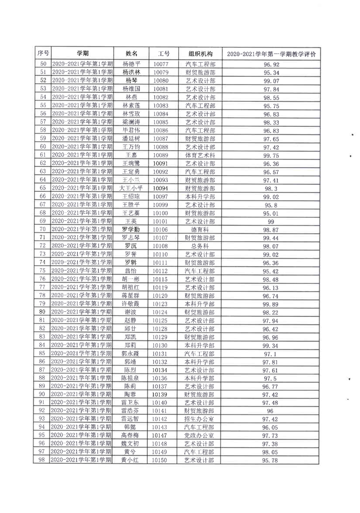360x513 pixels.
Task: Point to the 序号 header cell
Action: point(43,53)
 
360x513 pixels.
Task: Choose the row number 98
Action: point(43,460)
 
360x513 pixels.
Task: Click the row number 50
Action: point(43,64)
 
